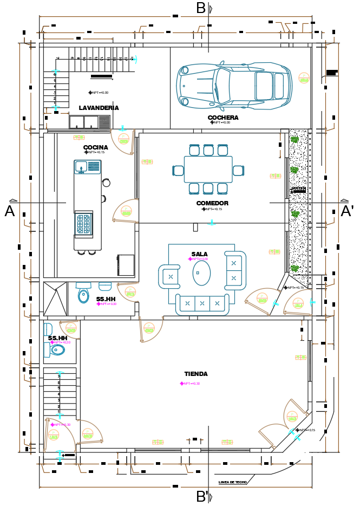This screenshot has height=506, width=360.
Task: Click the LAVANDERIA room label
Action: point(99,108)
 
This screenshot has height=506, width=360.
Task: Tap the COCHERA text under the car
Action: point(222,118)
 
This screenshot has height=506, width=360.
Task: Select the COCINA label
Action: point(95,147)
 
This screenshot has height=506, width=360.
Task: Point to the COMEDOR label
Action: point(212,203)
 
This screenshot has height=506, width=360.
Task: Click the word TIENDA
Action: point(195,374)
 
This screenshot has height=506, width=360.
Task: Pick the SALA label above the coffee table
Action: point(199,254)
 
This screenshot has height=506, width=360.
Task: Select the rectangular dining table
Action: point(208,170)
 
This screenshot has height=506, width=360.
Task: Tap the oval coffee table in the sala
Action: point(201,273)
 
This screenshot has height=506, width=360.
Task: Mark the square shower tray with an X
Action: point(55,298)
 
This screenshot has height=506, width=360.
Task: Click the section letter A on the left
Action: point(10,211)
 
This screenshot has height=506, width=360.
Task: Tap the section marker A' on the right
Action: point(346,211)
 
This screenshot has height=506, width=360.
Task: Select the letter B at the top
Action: point(201,9)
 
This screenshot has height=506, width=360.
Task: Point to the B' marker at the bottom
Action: point(202,496)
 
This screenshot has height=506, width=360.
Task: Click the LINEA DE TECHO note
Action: point(233,482)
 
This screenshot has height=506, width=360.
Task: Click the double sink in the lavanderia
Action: point(83,122)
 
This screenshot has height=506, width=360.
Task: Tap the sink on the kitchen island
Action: point(81,166)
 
